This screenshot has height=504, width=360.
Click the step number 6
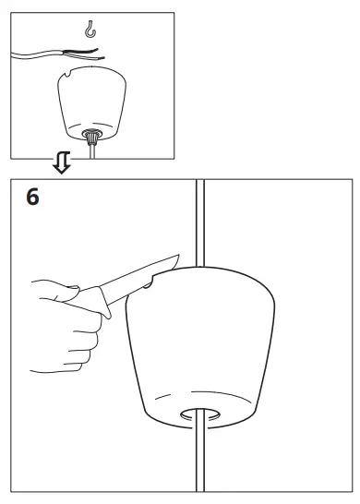33,198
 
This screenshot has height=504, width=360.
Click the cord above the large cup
199,222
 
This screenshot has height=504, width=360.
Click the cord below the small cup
93,152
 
